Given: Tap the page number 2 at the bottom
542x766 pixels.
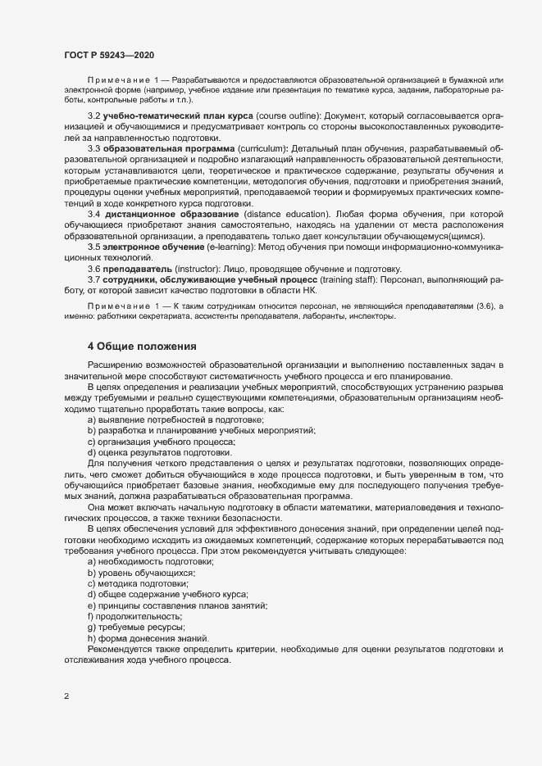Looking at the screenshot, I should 66,696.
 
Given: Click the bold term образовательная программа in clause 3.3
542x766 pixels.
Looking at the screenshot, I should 162,147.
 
